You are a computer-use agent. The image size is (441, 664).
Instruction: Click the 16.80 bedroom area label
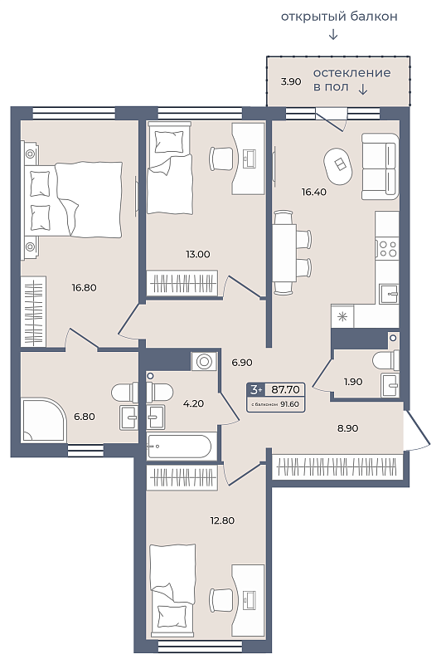[85, 287]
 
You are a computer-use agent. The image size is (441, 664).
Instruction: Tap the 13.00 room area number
[198, 254]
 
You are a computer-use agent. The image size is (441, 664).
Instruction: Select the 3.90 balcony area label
[291, 81]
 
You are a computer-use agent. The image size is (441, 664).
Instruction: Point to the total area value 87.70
[285, 389]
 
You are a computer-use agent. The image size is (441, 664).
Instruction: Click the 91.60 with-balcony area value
[289, 404]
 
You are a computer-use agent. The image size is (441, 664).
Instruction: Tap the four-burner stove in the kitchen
[388, 248]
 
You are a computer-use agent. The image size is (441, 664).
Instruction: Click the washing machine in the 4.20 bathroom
[204, 362]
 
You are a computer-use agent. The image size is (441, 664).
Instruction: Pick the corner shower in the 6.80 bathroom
[44, 420]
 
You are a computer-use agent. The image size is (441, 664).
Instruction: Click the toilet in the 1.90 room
[385, 360]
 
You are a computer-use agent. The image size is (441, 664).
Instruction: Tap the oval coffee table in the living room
[338, 165]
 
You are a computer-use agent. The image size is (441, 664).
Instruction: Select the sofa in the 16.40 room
[380, 166]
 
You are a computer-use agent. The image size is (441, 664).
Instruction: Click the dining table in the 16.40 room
[284, 253]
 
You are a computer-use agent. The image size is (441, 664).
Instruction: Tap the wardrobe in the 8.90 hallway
[337, 466]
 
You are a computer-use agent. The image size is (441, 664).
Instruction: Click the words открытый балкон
[339, 17]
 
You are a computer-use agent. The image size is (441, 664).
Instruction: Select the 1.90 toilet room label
[353, 382]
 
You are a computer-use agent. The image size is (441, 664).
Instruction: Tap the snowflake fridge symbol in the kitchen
[342, 316]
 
